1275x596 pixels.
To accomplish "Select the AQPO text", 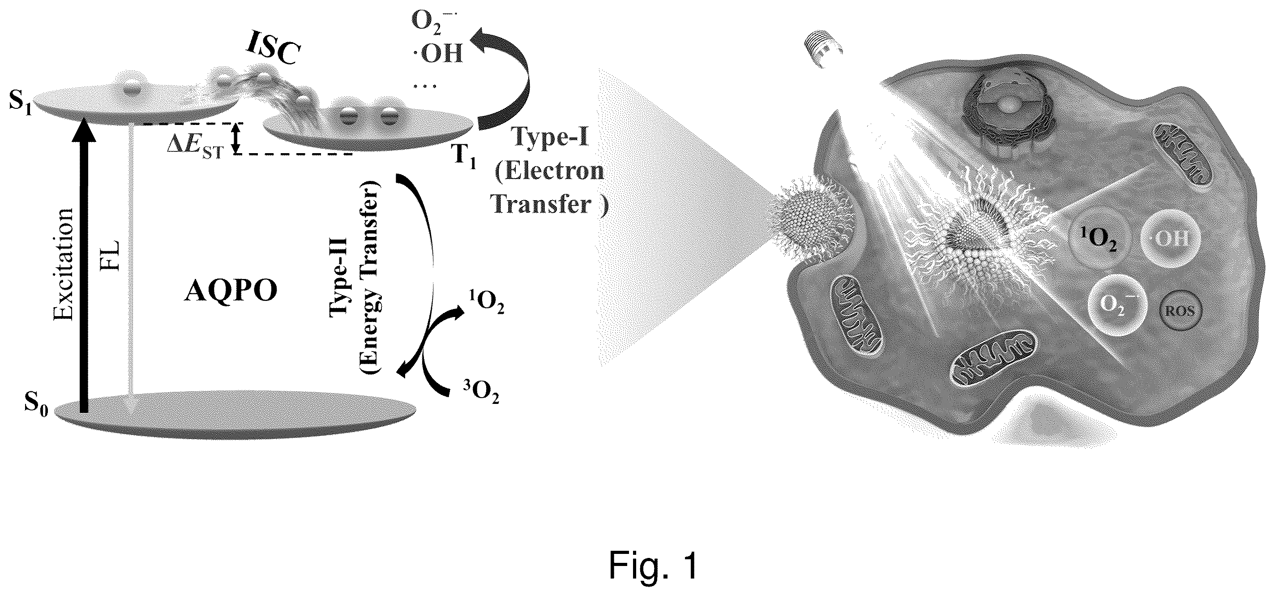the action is coord(231,292).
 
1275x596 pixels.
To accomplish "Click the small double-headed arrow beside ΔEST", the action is coord(236,137).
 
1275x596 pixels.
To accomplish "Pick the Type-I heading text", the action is coord(550,137).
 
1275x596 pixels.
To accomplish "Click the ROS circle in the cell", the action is coord(1181,311).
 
